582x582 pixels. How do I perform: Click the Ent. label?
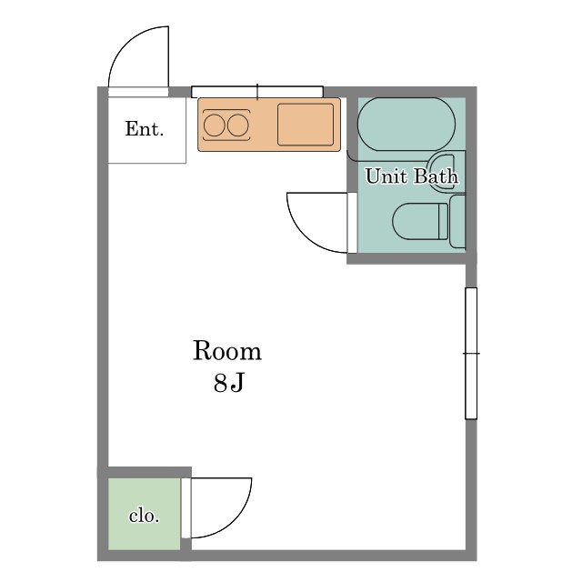click(x=145, y=129)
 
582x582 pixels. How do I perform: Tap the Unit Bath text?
click(x=411, y=176)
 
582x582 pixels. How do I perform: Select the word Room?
click(x=227, y=351)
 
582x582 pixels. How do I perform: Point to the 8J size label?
click(x=228, y=382)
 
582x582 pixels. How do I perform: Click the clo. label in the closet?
click(x=144, y=516)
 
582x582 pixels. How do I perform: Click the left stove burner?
click(x=215, y=125)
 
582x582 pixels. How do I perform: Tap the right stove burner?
click(x=238, y=125)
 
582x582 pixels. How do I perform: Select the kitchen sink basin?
click(x=306, y=125)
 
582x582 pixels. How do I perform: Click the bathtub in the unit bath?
click(x=406, y=124)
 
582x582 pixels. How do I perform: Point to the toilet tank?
click(x=457, y=221)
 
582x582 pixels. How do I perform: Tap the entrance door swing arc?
click(x=128, y=44)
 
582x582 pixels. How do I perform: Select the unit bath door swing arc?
click(x=305, y=235)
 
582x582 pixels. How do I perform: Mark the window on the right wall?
click(x=471, y=354)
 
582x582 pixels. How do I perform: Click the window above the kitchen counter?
click(x=257, y=92)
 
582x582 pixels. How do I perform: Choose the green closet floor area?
click(x=144, y=514)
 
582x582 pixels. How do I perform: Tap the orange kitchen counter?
click(x=269, y=125)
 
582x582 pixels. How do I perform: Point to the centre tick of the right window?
click(x=471, y=354)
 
